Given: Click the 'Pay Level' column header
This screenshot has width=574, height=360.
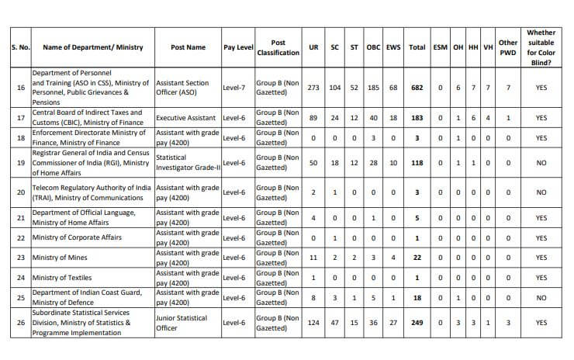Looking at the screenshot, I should click(x=238, y=47).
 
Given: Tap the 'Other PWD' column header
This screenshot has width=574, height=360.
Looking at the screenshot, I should click(x=508, y=47).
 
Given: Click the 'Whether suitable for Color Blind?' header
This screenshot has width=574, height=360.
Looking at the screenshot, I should click(x=541, y=47).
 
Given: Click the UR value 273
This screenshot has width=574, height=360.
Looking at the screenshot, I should click(x=313, y=88).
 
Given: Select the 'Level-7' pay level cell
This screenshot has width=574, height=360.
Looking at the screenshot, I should click(x=233, y=88).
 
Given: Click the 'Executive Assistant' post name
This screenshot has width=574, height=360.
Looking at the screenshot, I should click(x=186, y=118).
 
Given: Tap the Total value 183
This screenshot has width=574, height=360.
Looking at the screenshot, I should click(x=417, y=118).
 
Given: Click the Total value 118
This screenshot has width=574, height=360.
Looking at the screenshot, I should click(x=417, y=163).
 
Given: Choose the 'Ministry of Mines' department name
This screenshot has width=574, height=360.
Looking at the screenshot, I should click(x=64, y=258).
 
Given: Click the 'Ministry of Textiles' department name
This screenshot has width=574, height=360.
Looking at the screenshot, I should click(x=67, y=277).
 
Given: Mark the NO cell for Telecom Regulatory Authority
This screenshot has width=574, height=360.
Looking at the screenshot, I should click(x=541, y=192).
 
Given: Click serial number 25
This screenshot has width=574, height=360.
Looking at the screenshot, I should click(x=20, y=296).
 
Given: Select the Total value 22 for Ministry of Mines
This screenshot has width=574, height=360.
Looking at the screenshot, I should click(x=417, y=258).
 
